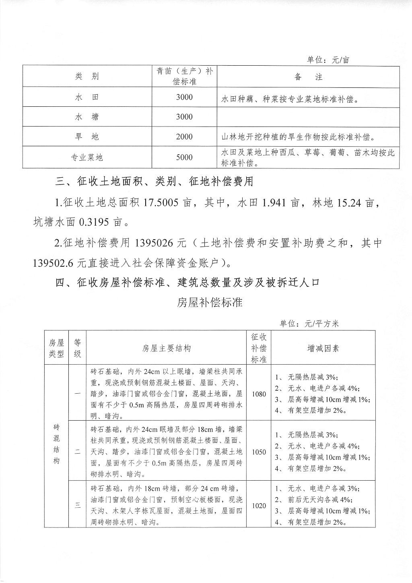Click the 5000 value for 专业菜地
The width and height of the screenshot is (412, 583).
(x=184, y=157)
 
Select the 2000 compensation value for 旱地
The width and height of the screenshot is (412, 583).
(x=184, y=137)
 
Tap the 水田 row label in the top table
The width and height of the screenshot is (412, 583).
(x=87, y=97)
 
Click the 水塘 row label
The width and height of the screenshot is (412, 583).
(x=87, y=117)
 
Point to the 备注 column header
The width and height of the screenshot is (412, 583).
(x=308, y=77)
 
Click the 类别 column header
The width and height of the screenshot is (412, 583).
(x=87, y=77)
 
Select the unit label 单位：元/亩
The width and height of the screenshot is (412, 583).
(x=328, y=60)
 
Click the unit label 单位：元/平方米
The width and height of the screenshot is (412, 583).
(x=309, y=324)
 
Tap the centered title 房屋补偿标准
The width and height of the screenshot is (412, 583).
(x=210, y=302)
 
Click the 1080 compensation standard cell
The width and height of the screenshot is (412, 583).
(x=259, y=394)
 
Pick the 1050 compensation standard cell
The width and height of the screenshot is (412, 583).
(x=259, y=452)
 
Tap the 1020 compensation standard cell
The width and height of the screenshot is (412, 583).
(x=259, y=506)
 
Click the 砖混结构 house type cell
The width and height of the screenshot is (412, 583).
(x=56, y=443)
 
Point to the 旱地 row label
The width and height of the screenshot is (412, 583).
(x=87, y=137)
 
